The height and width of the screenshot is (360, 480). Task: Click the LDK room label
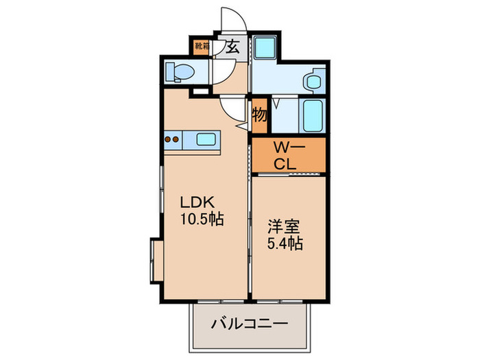pyautogui.click(x=197, y=202)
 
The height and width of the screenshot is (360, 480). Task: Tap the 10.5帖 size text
pyautogui.click(x=202, y=219)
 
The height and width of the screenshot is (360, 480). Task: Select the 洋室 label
pyautogui.click(x=283, y=227)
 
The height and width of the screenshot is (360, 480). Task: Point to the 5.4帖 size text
pyautogui.click(x=285, y=243)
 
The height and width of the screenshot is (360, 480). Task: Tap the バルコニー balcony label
pyautogui.click(x=250, y=323)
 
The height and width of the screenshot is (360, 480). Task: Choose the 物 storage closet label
pyautogui.click(x=259, y=115)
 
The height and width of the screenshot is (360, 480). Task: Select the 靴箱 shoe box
pyautogui.click(x=202, y=47)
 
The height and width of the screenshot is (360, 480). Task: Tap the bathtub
pyautogui.click(x=313, y=116)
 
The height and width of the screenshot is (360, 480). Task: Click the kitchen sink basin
pyautogui.click(x=206, y=140)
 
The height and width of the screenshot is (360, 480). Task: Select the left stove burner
pyautogui.click(x=168, y=139)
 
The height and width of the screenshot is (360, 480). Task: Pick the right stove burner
pyautogui.click(x=176, y=139)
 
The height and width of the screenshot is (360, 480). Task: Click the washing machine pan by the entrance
pyautogui.click(x=265, y=47)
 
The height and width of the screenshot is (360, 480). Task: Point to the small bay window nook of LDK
pyautogui.click(x=157, y=261)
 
